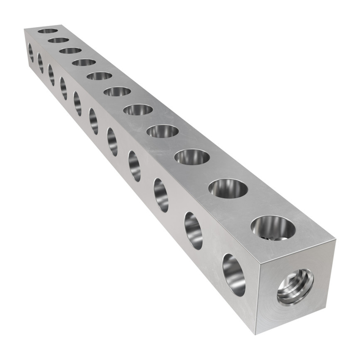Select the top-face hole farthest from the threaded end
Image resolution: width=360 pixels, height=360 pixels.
tap(48, 31)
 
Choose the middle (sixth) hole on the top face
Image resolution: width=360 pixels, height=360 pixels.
tap(117, 91)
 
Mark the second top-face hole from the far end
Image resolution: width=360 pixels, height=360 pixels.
tap(58, 40)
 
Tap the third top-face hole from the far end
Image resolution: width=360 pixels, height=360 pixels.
tap(70, 50)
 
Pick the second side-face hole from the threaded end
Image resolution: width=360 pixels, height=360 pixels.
tap(193, 231)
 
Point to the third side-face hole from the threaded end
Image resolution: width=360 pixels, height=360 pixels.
tap(161, 195)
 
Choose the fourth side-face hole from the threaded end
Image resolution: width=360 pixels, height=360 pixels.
tap(134, 166)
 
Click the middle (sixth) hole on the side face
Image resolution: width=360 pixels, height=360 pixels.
tap(94, 121)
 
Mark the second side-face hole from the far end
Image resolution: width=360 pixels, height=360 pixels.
tap(40, 63)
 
